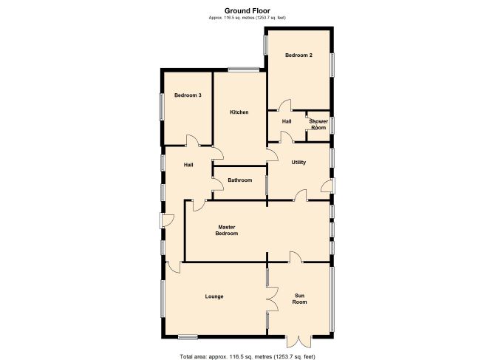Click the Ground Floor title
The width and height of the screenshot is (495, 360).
tap(247, 11)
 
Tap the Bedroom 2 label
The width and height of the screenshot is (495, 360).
tap(298, 55)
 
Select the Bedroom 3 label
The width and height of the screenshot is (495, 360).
tap(188, 95)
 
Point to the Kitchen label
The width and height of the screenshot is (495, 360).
tap(239, 112)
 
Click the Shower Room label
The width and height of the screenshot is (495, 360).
tap(318, 124)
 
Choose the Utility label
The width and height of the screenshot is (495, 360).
tap(298, 163)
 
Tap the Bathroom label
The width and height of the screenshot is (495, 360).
tap(240, 180)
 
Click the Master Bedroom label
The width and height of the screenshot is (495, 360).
tap(227, 230)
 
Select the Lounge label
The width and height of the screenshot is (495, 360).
tap(214, 296)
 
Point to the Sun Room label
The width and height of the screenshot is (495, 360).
tap(299, 299)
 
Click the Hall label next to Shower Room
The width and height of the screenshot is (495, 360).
tap(287, 121)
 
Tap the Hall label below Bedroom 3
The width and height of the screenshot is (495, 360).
tap(188, 165)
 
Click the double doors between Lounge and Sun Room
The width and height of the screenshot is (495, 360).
tap(272, 299)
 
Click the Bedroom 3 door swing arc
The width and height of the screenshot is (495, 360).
tap(193, 140)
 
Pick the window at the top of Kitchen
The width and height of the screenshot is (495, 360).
tap(244, 69)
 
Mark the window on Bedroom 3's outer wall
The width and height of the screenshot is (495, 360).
tap(162, 106)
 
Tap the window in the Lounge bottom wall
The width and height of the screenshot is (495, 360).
tap(188, 337)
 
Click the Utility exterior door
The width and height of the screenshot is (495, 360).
tap(328, 186)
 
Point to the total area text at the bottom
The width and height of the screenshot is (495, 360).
tap(247, 356)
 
